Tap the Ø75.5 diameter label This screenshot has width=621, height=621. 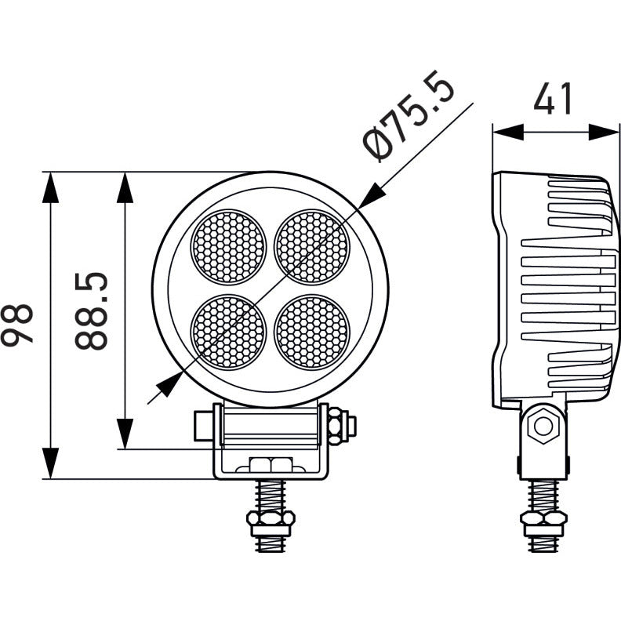click(x=409, y=116)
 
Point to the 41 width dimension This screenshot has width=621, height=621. click(x=553, y=98)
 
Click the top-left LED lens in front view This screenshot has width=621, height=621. click(x=228, y=247)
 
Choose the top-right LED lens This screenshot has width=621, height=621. click(x=312, y=247)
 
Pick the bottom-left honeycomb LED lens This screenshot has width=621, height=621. click(x=228, y=332)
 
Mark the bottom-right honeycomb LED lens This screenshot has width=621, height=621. click(x=313, y=332)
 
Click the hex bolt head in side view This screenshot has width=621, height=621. click(x=543, y=427)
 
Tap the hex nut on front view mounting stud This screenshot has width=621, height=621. click(x=271, y=517)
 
